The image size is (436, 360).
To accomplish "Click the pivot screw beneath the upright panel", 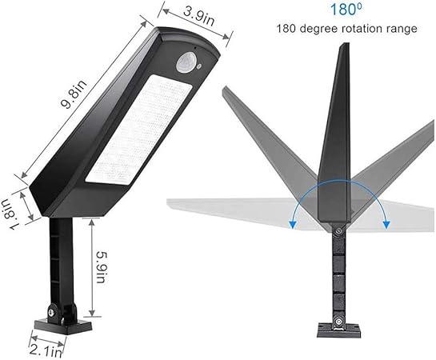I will point(340,233).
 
